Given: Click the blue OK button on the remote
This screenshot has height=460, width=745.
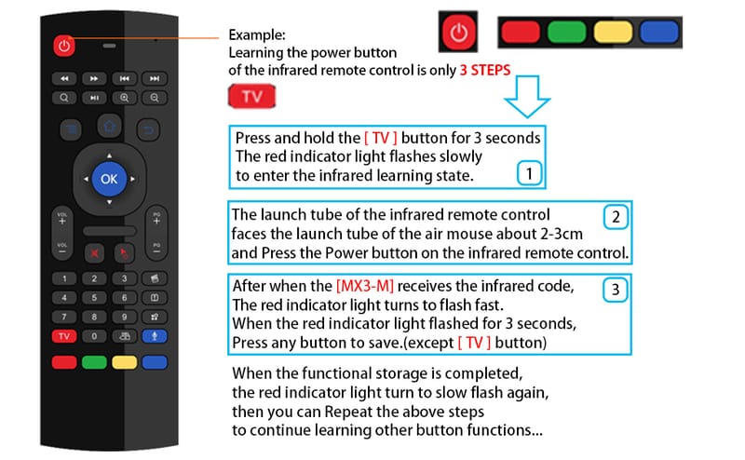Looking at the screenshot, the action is (x=109, y=179).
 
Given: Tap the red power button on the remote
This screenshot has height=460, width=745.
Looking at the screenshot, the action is (x=64, y=46).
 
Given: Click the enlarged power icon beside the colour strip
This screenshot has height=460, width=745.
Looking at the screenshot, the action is (x=458, y=33).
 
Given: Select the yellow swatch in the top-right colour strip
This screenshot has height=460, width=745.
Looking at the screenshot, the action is (x=613, y=33).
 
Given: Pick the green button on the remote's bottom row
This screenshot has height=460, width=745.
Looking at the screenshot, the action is (x=94, y=362).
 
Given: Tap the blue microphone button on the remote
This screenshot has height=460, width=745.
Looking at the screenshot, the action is (x=155, y=336).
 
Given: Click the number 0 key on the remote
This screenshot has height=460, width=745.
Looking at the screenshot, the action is (x=94, y=336).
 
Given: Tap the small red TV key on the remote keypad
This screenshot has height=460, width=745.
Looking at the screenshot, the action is (x=64, y=336).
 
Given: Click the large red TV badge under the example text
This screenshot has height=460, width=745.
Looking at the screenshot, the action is (x=251, y=97).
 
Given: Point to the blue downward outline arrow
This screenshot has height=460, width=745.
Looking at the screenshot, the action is (x=527, y=96).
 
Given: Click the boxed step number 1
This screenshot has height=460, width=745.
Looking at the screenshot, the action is (x=529, y=173).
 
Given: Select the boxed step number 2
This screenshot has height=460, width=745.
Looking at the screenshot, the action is (x=616, y=217).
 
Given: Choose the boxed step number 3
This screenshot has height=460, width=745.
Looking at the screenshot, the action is (x=616, y=290).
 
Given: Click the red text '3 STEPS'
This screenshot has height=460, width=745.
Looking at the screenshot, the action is (x=485, y=71).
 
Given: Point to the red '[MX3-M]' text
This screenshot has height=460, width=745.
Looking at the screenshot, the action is (x=365, y=286).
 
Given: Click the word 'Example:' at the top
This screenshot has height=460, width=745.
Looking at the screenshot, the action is (x=257, y=34).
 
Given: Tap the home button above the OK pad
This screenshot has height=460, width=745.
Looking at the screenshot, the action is (x=109, y=127).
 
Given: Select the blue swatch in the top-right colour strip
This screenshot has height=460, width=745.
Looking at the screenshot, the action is (x=659, y=33).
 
